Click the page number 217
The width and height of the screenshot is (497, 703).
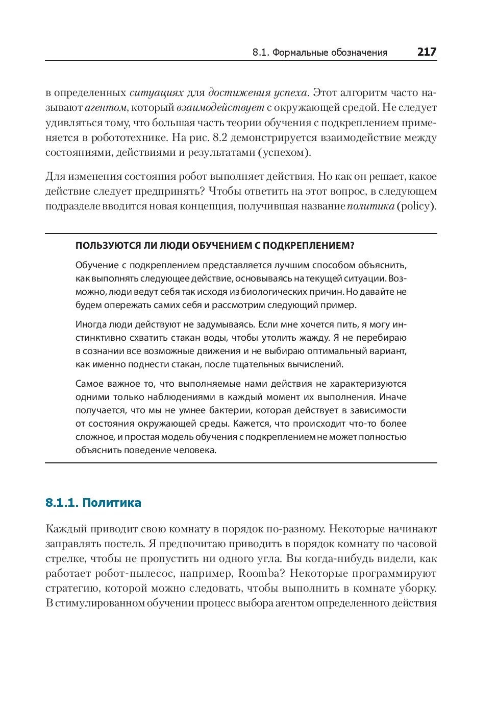(x=427, y=52)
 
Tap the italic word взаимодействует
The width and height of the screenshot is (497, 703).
(x=220, y=108)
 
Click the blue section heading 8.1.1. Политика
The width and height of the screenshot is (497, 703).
(x=93, y=503)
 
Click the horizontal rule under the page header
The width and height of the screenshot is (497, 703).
(x=241, y=61)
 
